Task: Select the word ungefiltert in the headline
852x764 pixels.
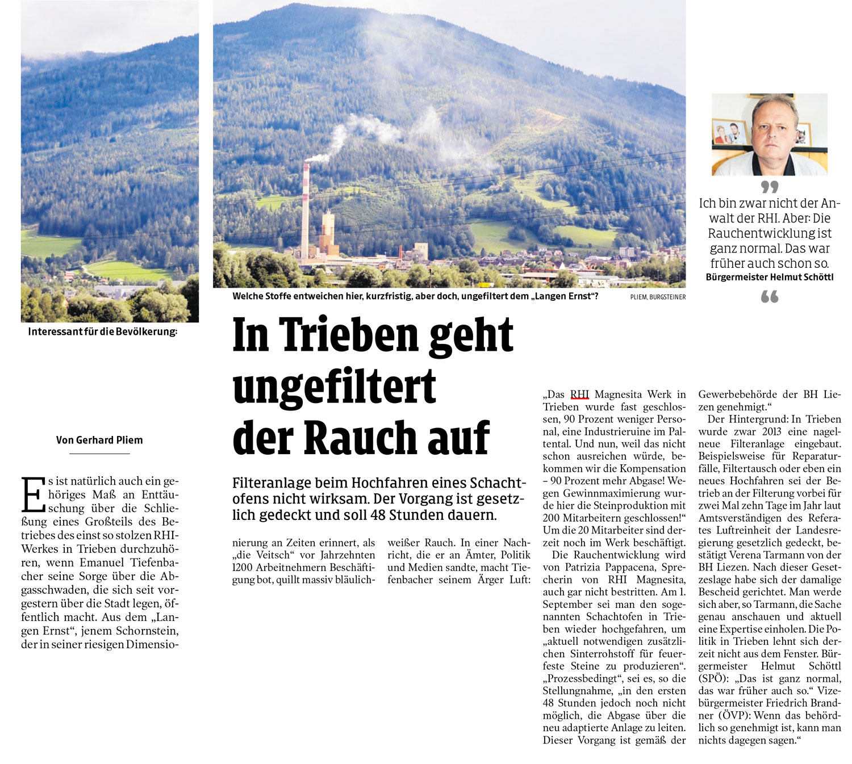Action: [334, 387]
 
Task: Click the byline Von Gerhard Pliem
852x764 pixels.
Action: [99, 440]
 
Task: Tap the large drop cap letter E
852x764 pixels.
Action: [32, 494]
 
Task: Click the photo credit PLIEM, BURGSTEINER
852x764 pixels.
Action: [658, 297]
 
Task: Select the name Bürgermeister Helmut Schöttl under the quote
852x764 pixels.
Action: [769, 278]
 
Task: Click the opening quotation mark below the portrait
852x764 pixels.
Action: [770, 187]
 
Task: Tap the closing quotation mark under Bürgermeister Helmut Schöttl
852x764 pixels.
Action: [770, 296]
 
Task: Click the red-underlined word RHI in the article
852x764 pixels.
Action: [579, 394]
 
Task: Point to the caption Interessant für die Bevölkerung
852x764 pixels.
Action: [102, 331]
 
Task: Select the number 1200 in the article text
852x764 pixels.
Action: [243, 568]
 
